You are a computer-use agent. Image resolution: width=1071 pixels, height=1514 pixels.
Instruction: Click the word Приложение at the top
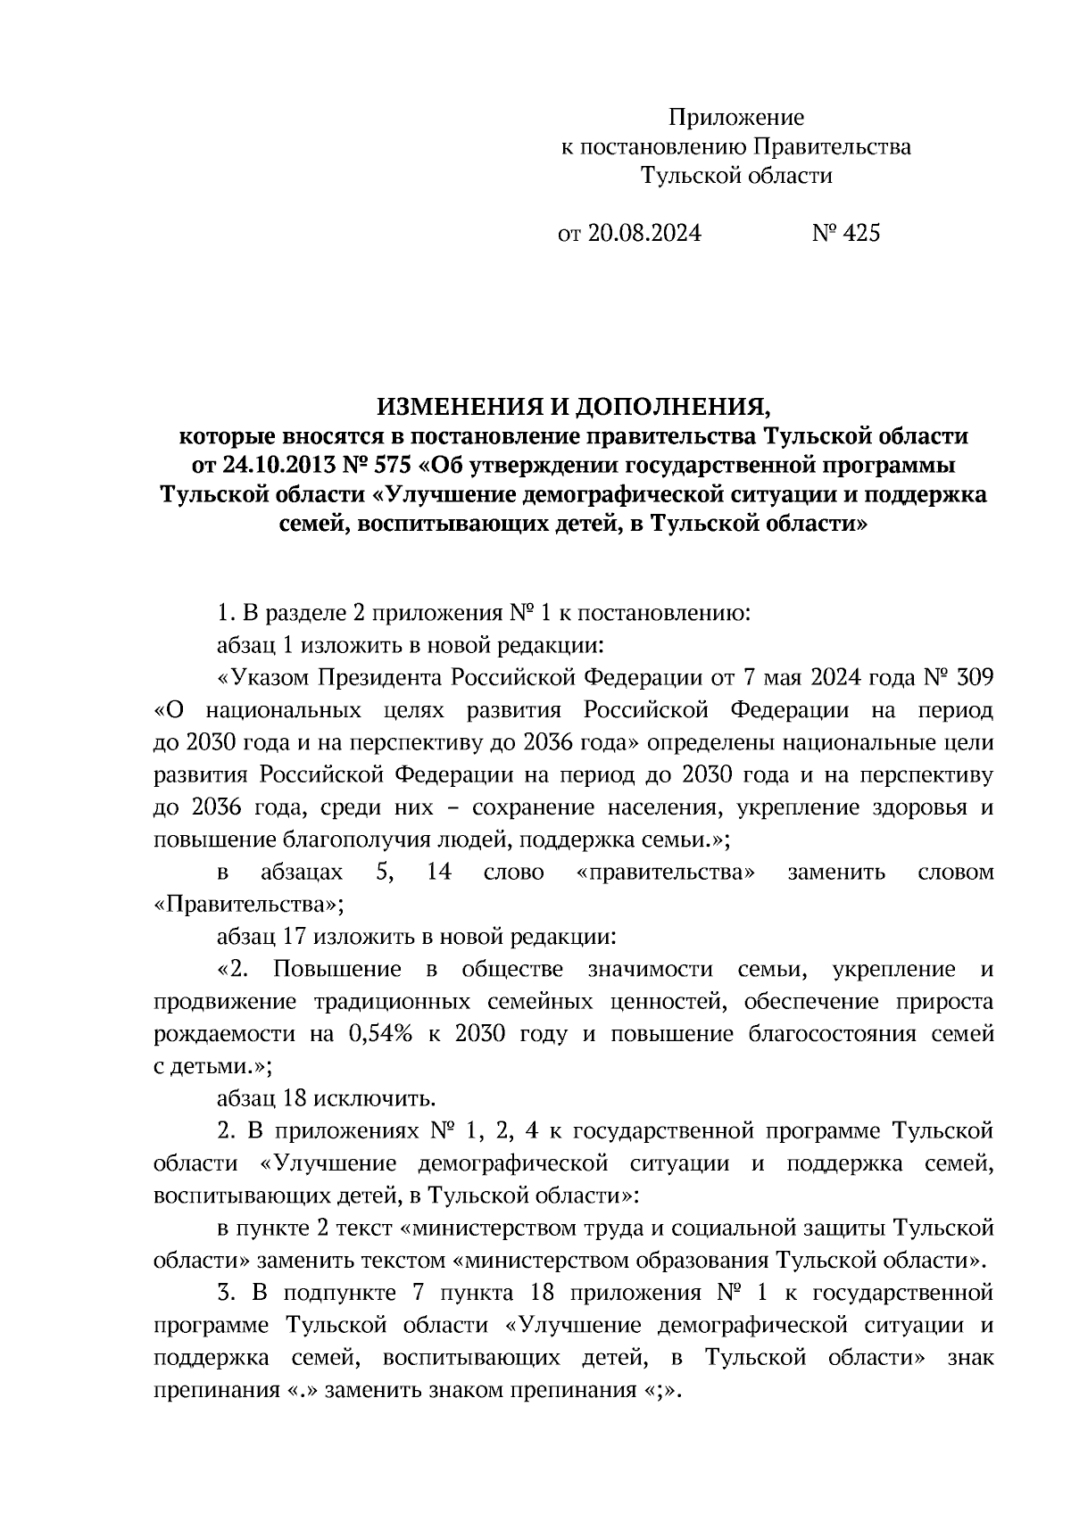(x=736, y=118)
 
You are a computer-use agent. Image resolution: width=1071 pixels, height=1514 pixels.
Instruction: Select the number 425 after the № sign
(x=859, y=234)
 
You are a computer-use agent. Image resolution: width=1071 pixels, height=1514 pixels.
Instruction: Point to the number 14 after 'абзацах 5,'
(x=438, y=872)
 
